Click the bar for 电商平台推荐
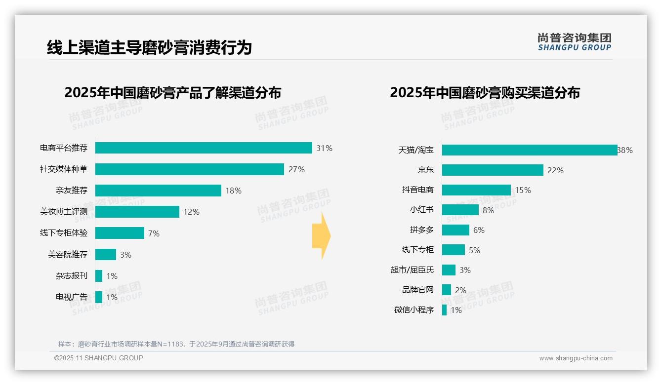coord(204,148)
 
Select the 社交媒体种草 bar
coord(190,169)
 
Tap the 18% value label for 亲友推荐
coord(233,191)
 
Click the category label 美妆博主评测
coord(64,212)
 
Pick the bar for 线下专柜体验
coord(120,233)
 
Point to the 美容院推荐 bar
coord(106,255)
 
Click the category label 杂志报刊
coord(72,276)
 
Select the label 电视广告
coord(72,297)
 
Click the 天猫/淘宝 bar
coord(530,150)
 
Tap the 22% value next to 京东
coord(555,170)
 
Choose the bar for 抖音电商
coord(476,190)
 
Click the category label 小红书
coord(422,210)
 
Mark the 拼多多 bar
coord(455,230)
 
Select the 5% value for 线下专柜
coord(474,250)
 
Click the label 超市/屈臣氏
coord(412,270)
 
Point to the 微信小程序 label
coord(414,310)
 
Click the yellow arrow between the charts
coord(322,236)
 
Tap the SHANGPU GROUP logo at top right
coord(575,42)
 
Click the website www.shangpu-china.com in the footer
coord(576,358)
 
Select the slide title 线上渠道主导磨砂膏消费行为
coord(149,47)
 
